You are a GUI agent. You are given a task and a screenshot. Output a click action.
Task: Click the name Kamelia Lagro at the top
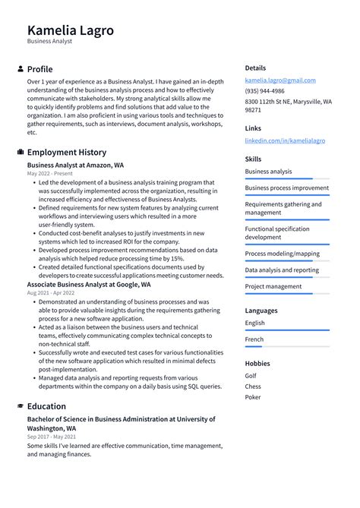click(x=71, y=30)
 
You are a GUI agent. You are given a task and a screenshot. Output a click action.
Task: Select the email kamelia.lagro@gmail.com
click(x=280, y=80)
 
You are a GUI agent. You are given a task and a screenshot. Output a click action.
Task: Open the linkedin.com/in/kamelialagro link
click(x=285, y=140)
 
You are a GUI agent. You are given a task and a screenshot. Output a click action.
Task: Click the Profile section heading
click(x=39, y=69)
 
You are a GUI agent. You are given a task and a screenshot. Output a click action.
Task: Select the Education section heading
click(x=46, y=406)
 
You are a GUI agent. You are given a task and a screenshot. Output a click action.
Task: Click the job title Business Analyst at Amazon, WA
click(x=75, y=164)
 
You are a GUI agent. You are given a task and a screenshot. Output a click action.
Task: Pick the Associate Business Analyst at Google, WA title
click(x=89, y=285)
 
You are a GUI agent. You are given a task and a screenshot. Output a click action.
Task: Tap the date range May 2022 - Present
click(x=50, y=173)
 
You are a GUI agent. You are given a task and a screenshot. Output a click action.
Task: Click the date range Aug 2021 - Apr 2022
click(x=51, y=293)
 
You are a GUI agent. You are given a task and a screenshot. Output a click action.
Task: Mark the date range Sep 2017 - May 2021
click(x=52, y=437)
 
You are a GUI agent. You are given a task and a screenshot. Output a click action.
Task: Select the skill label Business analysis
click(x=268, y=172)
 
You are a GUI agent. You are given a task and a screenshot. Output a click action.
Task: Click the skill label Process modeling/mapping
click(x=282, y=254)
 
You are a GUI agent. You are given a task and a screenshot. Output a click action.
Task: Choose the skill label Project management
click(x=273, y=286)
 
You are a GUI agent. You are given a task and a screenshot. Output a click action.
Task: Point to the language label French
click(x=254, y=339)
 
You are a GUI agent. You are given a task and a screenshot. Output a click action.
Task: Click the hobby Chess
click(x=254, y=387)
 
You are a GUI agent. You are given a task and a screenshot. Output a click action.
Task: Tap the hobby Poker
click(x=254, y=397)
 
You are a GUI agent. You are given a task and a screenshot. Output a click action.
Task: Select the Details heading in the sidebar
click(x=255, y=68)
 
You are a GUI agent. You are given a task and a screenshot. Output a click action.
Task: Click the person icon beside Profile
click(x=20, y=69)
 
